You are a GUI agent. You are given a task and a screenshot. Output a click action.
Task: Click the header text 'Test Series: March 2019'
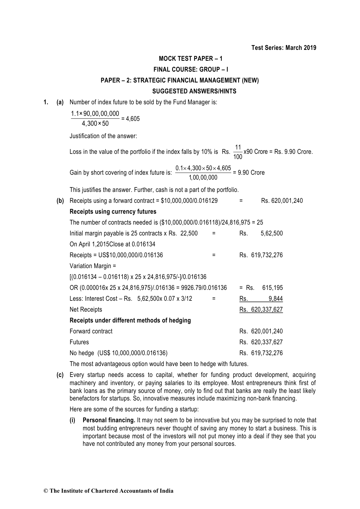[x=284, y=48]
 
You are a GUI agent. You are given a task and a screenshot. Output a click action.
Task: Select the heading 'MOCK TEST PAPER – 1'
[x=191, y=59]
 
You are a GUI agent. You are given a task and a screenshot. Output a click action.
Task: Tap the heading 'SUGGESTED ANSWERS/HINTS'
[x=194, y=91]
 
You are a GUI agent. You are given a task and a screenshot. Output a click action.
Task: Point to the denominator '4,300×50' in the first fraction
[x=95, y=124]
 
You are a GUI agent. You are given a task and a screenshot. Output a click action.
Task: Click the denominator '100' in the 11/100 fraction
[x=238, y=157]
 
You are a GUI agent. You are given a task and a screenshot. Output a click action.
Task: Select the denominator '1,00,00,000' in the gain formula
[x=203, y=178]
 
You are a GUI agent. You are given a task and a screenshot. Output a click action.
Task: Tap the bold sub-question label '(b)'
[x=60, y=201]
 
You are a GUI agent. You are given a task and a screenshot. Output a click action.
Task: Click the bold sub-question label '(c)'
[x=60, y=375]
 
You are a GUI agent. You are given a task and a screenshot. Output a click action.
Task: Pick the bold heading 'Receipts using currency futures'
[x=113, y=212]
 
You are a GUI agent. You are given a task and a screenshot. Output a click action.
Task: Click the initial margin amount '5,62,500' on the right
[x=271, y=233]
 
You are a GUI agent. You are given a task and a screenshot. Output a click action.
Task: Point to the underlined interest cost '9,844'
[x=275, y=299]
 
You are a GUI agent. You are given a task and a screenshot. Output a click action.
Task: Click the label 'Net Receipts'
[x=86, y=310]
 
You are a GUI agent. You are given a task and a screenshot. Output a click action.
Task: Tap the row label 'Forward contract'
[x=91, y=331]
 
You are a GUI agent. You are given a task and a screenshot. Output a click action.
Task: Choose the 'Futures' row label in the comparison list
[x=79, y=342]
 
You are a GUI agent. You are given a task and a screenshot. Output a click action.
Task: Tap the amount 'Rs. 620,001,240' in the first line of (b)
[x=282, y=201]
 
